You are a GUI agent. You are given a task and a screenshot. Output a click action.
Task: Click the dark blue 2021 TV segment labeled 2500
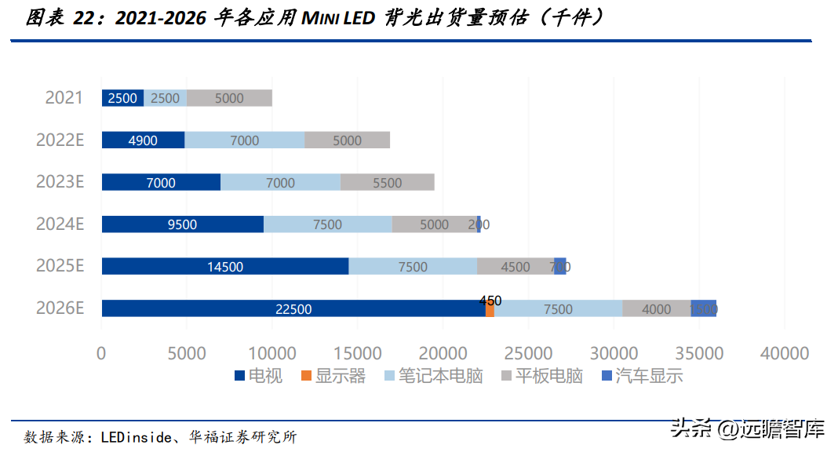(x=122, y=98)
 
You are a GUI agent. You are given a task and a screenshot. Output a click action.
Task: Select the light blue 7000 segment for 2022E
(x=244, y=140)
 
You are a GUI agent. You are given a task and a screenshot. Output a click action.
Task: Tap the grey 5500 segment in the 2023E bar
(x=387, y=183)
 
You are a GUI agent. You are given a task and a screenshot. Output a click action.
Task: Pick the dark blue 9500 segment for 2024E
(x=182, y=224)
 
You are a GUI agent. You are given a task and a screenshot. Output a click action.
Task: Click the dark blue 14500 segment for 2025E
(x=225, y=267)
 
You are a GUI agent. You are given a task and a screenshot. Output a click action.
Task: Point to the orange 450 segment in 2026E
(x=490, y=309)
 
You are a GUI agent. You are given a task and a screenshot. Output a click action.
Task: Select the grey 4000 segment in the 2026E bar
(x=656, y=309)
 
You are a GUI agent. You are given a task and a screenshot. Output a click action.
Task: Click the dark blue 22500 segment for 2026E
(x=293, y=309)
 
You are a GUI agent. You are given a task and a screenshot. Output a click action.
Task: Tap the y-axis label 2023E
(x=60, y=182)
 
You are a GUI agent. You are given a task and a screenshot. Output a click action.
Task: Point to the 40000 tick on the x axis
(x=784, y=353)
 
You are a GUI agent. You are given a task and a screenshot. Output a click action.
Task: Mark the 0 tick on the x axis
(x=101, y=353)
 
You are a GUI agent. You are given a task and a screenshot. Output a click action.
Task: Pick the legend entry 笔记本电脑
(x=439, y=376)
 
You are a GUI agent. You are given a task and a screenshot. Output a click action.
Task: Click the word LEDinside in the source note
(x=133, y=437)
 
